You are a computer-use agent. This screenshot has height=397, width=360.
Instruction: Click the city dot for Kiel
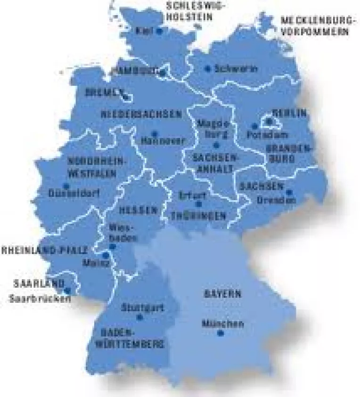(159, 31)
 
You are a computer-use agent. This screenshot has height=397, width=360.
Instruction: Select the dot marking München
(220, 333)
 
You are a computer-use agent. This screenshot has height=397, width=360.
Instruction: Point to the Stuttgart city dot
(139, 317)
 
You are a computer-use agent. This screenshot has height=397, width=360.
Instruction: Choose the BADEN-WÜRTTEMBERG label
(130, 339)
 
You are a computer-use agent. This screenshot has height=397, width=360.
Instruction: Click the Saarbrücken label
(40, 299)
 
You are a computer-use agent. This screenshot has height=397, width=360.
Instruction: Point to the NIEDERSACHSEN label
(141, 114)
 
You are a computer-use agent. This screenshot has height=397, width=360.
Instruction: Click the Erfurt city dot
(198, 204)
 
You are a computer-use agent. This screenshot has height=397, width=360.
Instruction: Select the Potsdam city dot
(254, 126)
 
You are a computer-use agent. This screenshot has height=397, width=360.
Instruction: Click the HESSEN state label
(138, 211)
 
